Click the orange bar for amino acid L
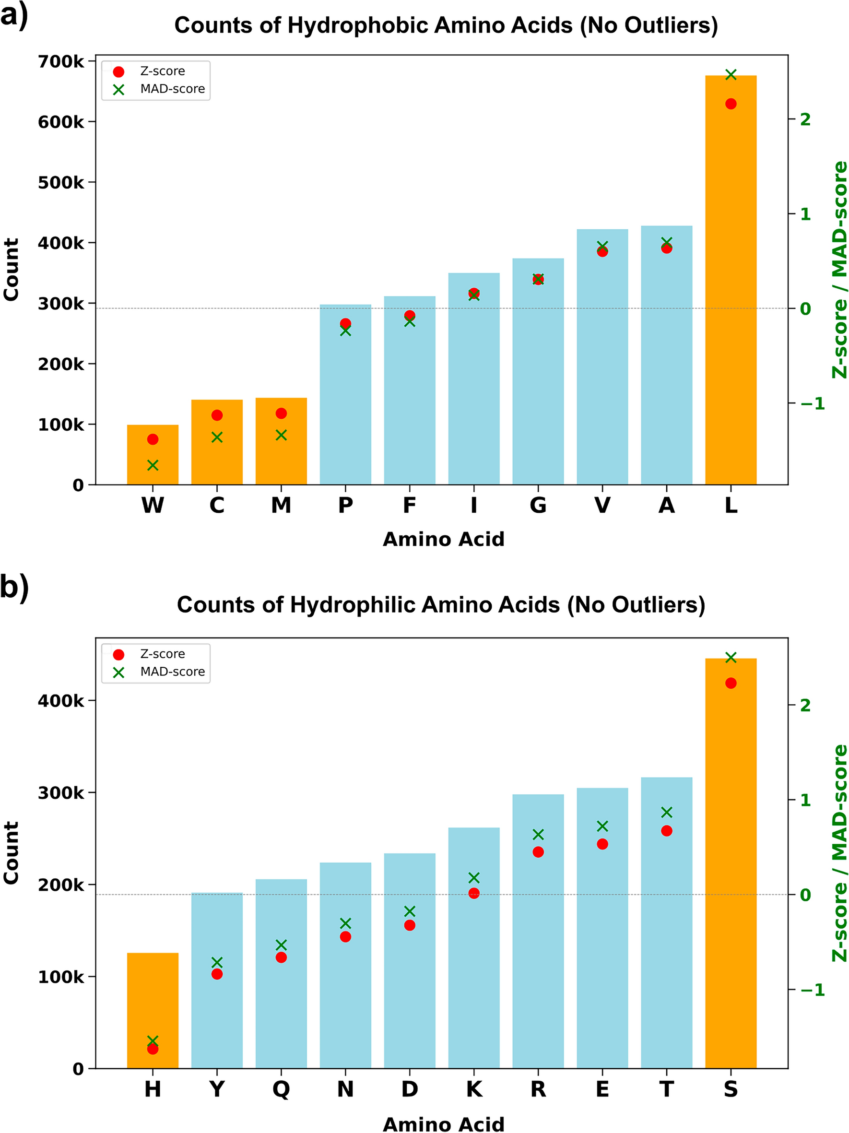(x=730, y=287)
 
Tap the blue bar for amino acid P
(x=345, y=400)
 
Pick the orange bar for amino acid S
(x=730, y=871)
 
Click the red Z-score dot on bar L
(x=731, y=104)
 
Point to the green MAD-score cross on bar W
(x=153, y=465)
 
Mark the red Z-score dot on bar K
(x=473, y=893)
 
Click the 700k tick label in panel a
(x=61, y=61)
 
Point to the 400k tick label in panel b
(x=61, y=701)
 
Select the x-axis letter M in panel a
(x=281, y=506)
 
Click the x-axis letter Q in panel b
(x=281, y=1089)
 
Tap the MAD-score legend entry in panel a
(x=172, y=89)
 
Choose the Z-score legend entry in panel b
(x=162, y=654)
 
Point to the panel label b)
(x=14, y=587)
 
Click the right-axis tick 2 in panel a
(x=805, y=119)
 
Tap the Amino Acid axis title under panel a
(x=443, y=539)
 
